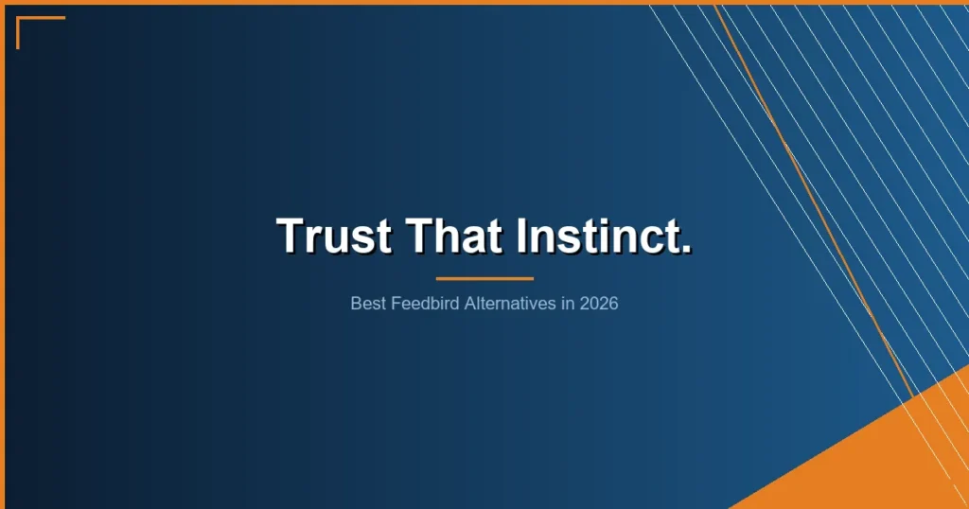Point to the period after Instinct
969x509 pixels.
(x=686, y=249)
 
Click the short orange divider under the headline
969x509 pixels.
(x=484, y=279)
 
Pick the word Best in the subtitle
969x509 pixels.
(x=366, y=305)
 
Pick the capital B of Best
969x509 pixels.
(x=356, y=305)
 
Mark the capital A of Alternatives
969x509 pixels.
(x=470, y=305)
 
